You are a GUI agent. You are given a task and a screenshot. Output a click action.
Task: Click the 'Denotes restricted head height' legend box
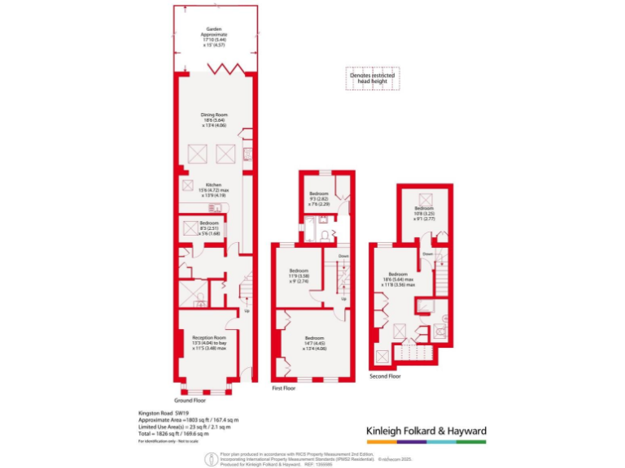[x=372, y=77]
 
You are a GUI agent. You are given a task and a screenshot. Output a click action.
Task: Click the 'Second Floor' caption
[x=384, y=376]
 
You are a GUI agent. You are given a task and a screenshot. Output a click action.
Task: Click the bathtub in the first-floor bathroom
[x=312, y=236]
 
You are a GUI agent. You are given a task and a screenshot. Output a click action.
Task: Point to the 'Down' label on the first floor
[x=343, y=256]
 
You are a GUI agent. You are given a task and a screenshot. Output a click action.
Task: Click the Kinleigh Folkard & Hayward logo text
[x=422, y=431]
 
